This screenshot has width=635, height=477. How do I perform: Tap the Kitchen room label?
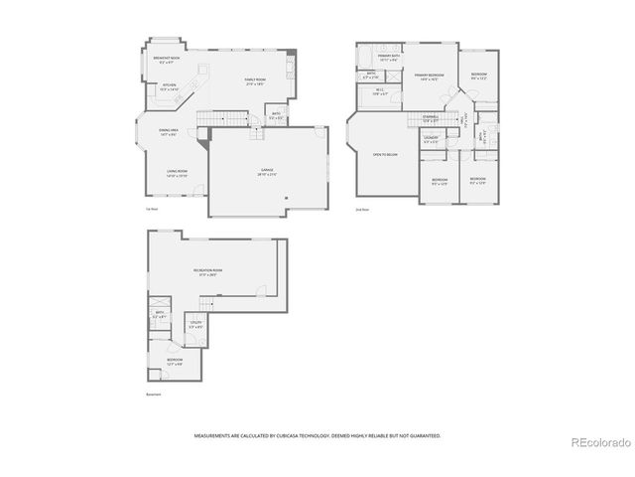(170, 86)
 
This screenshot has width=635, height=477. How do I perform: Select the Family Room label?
(257, 81)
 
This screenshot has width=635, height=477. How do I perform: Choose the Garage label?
(268, 172)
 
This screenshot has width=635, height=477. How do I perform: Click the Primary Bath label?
(388, 59)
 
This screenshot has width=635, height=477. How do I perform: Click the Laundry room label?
(431, 138)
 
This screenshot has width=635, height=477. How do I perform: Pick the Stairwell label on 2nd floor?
(430, 118)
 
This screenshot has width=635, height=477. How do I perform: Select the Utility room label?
(195, 325)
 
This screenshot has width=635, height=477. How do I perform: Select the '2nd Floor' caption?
(363, 210)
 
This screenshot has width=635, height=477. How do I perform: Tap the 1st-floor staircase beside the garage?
(205, 121)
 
